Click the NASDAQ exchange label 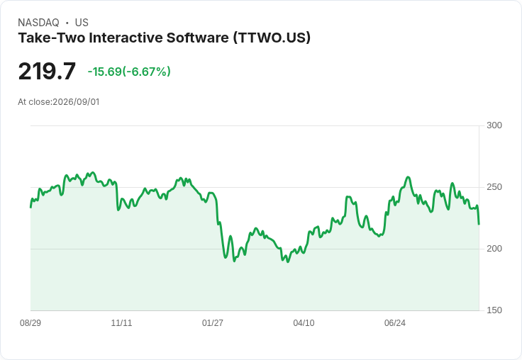(38, 23)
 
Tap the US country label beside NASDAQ (82, 23)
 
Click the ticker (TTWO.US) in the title (272, 38)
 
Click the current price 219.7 (47, 71)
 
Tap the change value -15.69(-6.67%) (129, 72)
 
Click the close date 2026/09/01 (76, 102)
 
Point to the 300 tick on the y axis (494, 125)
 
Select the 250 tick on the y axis (494, 187)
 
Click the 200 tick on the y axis (494, 249)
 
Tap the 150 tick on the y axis (494, 310)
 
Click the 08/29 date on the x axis (30, 322)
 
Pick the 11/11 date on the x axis (121, 322)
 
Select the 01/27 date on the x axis (212, 322)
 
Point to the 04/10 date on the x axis (304, 322)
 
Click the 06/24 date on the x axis (395, 322)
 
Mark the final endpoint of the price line (479, 224)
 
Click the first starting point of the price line (30, 208)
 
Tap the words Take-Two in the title (52, 38)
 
